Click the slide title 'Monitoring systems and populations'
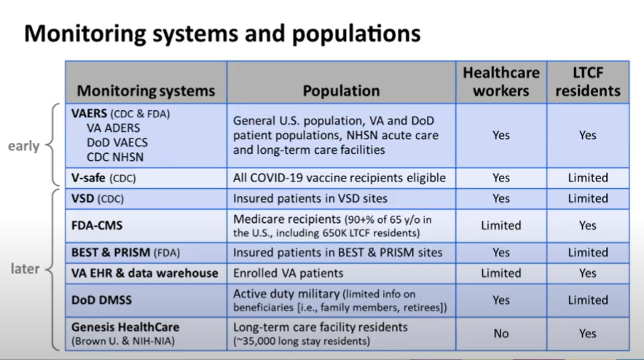(x=223, y=34)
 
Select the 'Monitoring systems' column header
(x=146, y=91)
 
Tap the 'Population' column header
(x=341, y=91)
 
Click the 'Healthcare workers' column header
(x=501, y=82)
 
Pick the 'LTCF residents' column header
(x=587, y=82)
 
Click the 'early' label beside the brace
(x=23, y=146)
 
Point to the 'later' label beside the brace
(x=25, y=269)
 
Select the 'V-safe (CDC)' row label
(x=103, y=178)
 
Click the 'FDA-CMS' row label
(x=97, y=225)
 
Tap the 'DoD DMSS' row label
(x=103, y=300)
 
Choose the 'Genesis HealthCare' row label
(x=125, y=327)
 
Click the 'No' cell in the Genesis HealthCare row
(x=501, y=334)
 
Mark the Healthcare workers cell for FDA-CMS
(x=501, y=225)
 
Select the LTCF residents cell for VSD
(x=587, y=198)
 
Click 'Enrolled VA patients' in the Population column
(x=288, y=273)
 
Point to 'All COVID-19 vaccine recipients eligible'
(x=339, y=178)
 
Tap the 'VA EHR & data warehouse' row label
(x=144, y=273)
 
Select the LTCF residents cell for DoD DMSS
(x=587, y=300)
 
